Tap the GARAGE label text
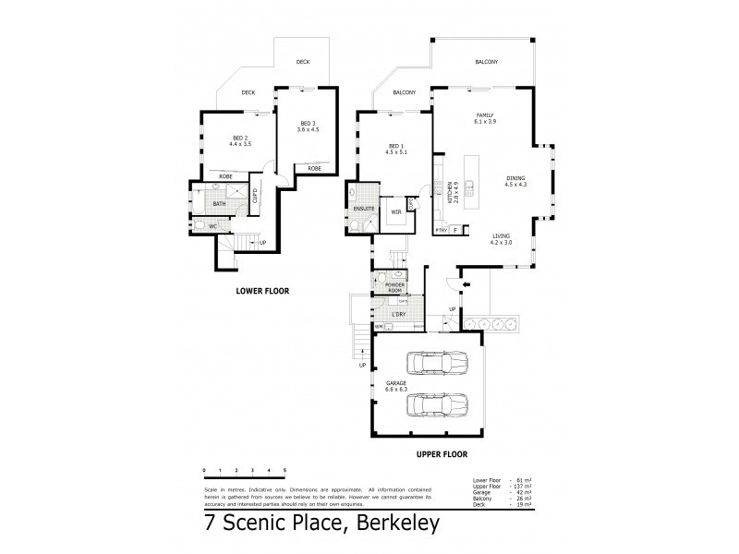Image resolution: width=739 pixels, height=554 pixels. [x=396, y=384]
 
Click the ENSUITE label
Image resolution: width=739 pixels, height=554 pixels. [x=363, y=210]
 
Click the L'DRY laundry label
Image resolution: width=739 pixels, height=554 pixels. [x=398, y=315]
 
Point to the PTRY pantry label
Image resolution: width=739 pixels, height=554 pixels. [x=441, y=229]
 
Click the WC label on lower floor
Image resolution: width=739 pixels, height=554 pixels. [x=212, y=225]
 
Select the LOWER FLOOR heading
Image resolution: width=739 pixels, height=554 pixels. [x=262, y=291]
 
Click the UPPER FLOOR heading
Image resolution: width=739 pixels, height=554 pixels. [x=442, y=454]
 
